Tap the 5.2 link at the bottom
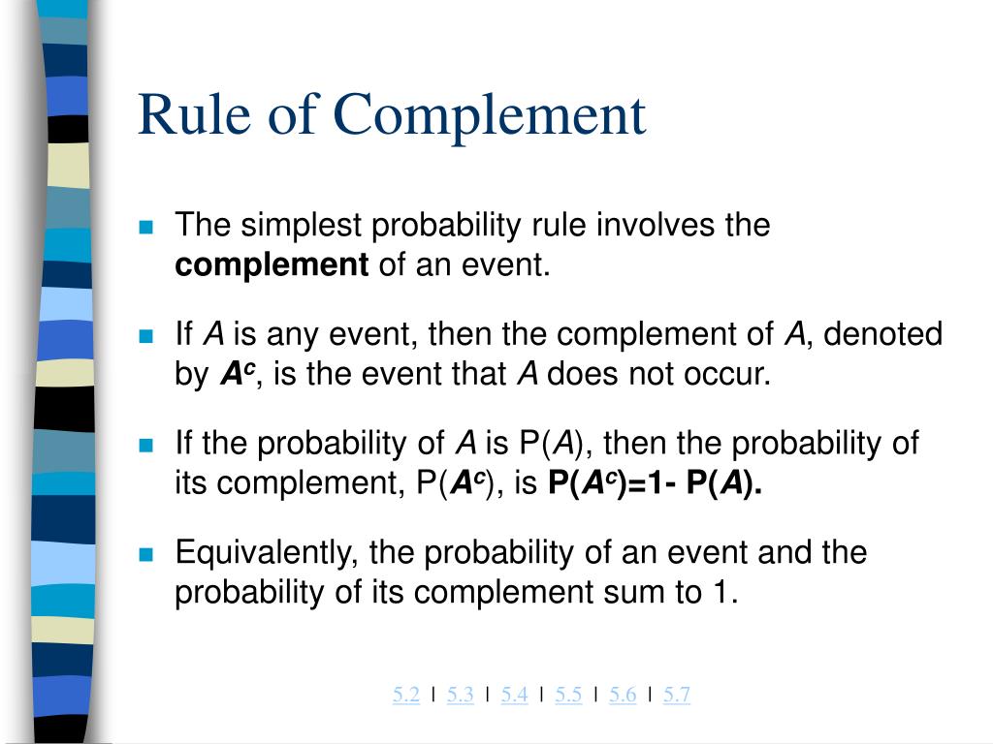406,694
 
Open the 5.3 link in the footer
461,694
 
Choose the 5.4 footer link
515,694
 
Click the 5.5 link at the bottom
569,694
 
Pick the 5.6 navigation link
623,694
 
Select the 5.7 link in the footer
677,694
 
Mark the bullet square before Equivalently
146,555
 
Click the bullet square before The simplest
146,228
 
